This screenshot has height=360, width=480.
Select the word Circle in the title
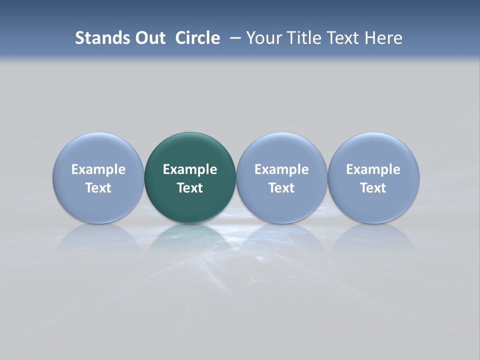coord(197,38)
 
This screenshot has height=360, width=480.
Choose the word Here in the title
coord(384,38)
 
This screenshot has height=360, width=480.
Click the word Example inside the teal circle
coord(190,169)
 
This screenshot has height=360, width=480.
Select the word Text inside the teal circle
coord(190,188)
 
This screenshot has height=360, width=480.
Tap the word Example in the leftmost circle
coord(98,169)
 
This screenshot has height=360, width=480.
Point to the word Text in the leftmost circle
coord(98,188)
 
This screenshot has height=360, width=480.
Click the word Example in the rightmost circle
coord(373,169)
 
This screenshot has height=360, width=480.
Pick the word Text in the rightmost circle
coord(373,188)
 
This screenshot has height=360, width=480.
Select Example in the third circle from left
coord(281,169)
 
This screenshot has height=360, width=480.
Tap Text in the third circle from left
coord(281,188)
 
